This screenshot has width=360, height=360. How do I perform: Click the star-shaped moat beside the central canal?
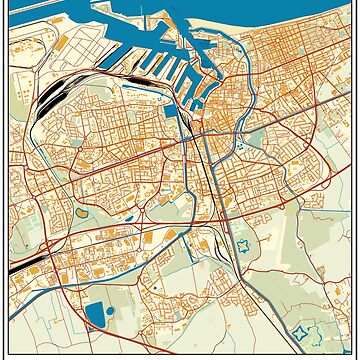pos(241,245)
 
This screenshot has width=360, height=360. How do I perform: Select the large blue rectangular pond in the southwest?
pos(95,316)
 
